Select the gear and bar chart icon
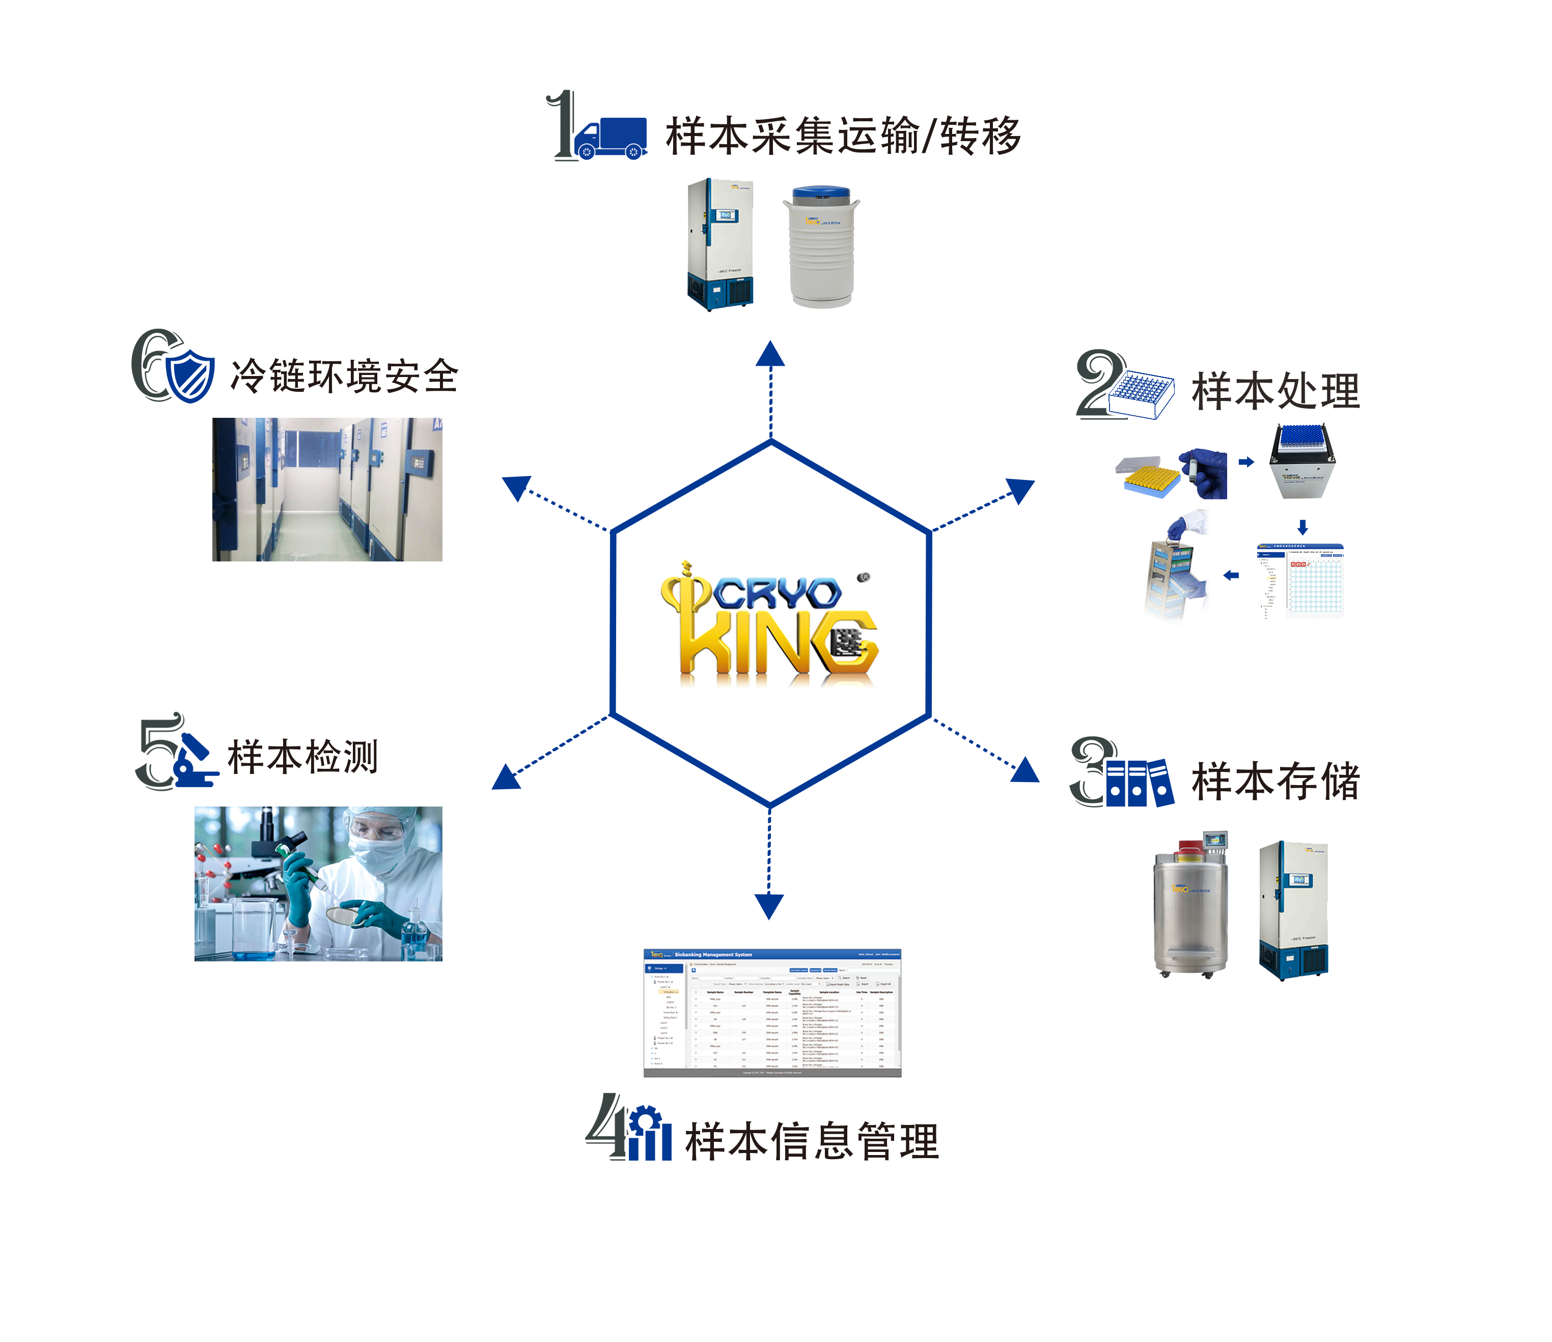tap(649, 1133)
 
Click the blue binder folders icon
tap(1139, 782)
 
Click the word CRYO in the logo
tap(777, 594)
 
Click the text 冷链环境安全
tap(344, 376)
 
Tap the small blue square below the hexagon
tap(769, 907)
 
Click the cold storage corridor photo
tap(327, 489)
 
